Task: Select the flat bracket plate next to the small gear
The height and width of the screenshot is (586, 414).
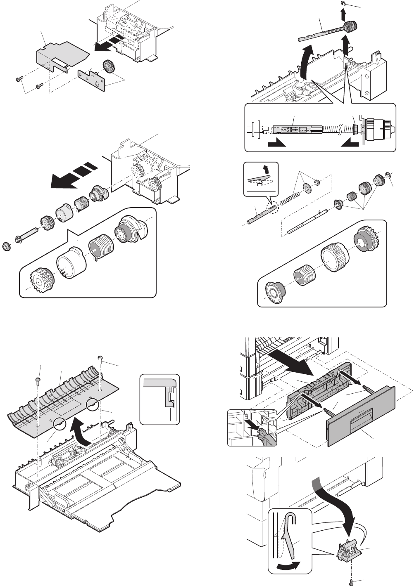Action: pyautogui.click(x=90, y=79)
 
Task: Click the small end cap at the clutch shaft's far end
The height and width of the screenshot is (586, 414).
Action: pyautogui.click(x=6, y=246)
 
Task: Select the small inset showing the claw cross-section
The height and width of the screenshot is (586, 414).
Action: pyautogui.click(x=160, y=399)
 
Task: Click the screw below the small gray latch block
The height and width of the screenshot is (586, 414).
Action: pyautogui.click(x=352, y=581)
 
